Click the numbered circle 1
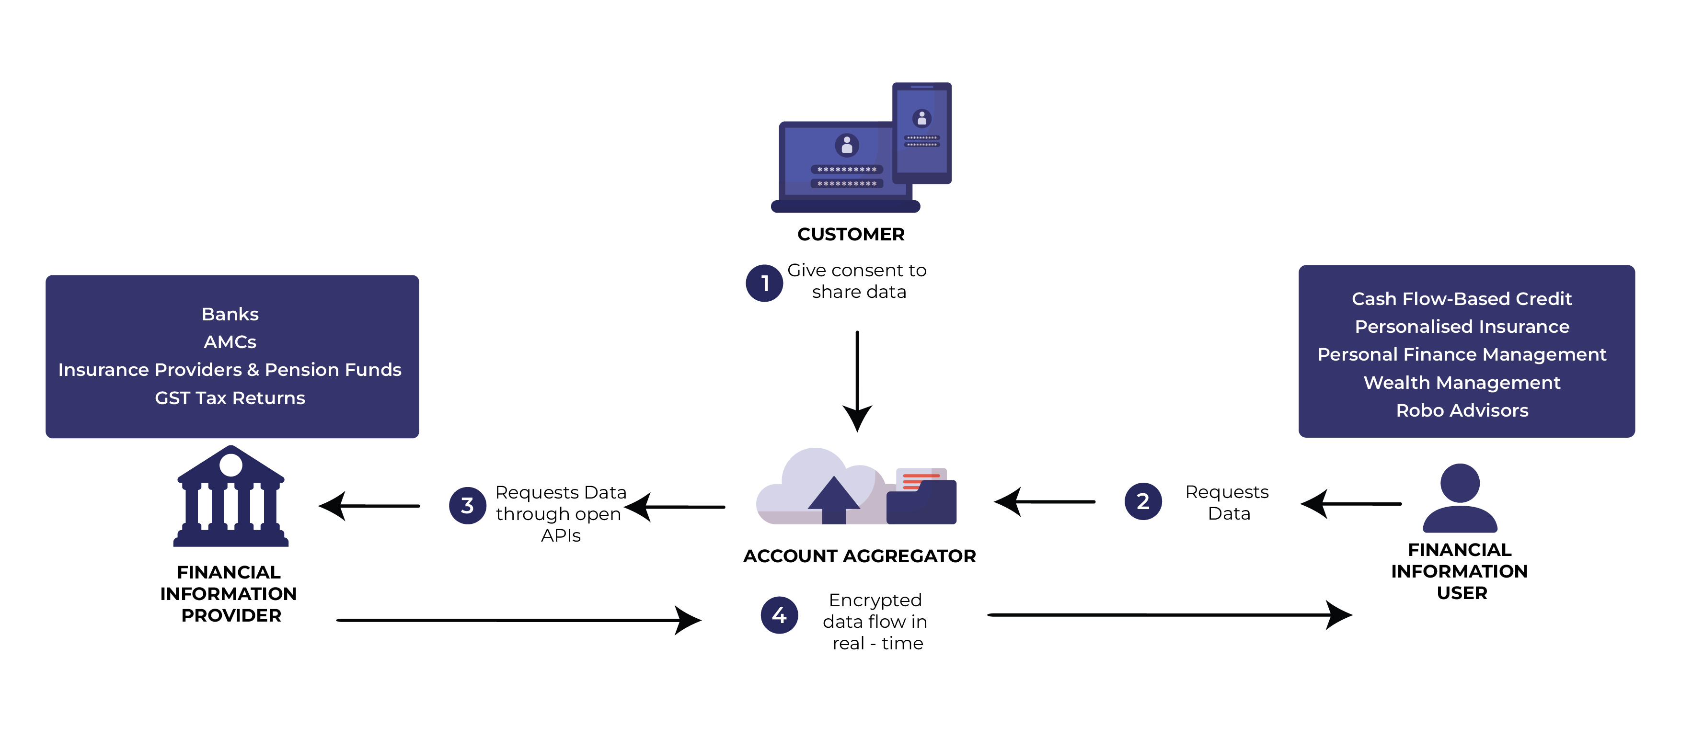(x=764, y=283)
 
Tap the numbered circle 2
(x=1143, y=501)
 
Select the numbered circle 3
(x=467, y=506)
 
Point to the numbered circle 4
(x=779, y=615)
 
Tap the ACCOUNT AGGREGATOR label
(x=859, y=556)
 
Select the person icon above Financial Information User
(x=1460, y=499)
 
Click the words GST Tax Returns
(x=230, y=398)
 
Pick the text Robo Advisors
(x=1462, y=410)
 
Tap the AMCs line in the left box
(x=230, y=342)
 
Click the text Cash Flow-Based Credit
(x=1462, y=299)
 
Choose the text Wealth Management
(x=1462, y=382)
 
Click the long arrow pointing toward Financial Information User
(x=1168, y=614)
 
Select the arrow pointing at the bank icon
(x=368, y=506)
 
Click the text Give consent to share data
(x=857, y=281)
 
